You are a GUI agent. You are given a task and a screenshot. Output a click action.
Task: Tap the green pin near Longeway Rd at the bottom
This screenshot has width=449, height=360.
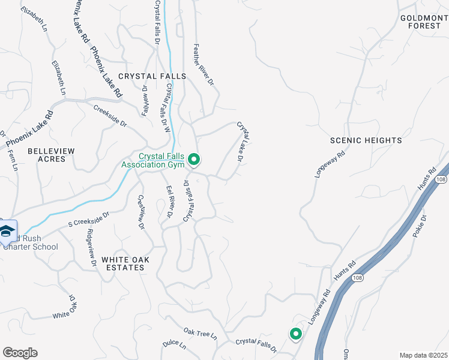(x=295, y=334)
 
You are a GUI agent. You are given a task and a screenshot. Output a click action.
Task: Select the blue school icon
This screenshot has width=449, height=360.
(x=7, y=232)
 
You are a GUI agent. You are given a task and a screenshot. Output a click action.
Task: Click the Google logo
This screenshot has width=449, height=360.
(x=20, y=353)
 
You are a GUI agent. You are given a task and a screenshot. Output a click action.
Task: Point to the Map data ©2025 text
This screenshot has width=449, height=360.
(x=424, y=355)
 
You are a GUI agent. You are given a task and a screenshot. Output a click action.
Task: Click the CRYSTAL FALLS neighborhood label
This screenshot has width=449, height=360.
(x=152, y=76)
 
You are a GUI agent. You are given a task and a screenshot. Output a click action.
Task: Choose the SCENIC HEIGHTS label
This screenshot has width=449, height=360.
(x=366, y=140)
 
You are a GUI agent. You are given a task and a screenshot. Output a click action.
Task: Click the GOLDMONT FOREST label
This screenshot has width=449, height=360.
(x=424, y=22)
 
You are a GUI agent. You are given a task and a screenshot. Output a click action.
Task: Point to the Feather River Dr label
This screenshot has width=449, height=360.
(x=203, y=63)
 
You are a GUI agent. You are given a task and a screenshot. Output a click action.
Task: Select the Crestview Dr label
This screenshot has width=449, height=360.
(x=142, y=212)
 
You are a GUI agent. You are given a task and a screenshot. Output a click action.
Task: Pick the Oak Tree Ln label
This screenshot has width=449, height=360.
(x=200, y=334)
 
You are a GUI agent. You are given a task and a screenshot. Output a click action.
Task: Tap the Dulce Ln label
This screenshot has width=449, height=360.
(x=175, y=346)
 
